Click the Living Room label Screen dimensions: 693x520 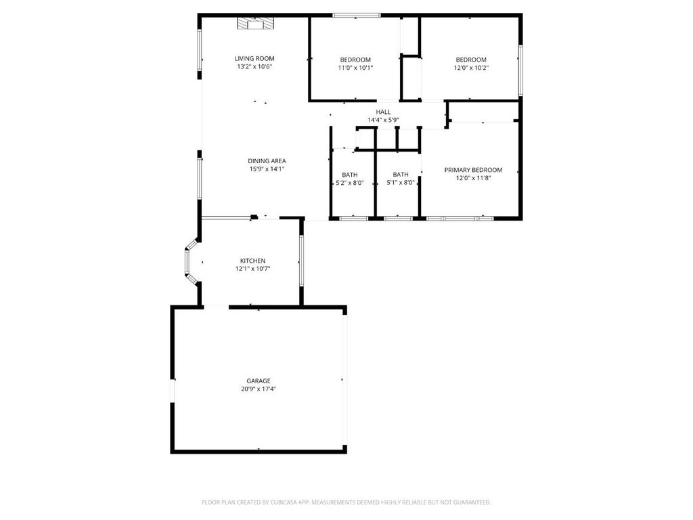tap(254, 58)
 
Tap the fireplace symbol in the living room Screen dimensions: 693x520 tap(254, 24)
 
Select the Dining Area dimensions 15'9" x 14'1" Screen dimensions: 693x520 tap(267, 169)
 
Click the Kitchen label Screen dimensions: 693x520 tap(252, 261)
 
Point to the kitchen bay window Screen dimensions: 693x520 tap(191, 261)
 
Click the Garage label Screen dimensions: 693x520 tap(259, 381)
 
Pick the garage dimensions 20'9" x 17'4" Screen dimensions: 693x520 tap(259, 389)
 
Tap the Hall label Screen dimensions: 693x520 tap(383, 112)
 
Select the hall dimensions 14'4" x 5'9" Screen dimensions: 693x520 tap(383, 120)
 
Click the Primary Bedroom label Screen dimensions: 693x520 tap(473, 170)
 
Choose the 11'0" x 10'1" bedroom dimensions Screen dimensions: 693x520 tap(355, 68)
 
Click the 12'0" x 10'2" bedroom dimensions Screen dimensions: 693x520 tap(471, 68)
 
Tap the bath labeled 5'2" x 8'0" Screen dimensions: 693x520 tap(350, 179)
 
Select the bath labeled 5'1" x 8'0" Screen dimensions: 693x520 tap(401, 179)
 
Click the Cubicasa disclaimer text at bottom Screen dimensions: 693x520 tap(346, 502)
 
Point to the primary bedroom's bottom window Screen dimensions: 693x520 tap(460, 218)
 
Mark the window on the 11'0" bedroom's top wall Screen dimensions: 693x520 tap(357, 16)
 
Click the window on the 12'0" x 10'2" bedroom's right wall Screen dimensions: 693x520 tap(520, 70)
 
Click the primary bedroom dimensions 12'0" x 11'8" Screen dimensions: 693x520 tap(473, 178)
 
